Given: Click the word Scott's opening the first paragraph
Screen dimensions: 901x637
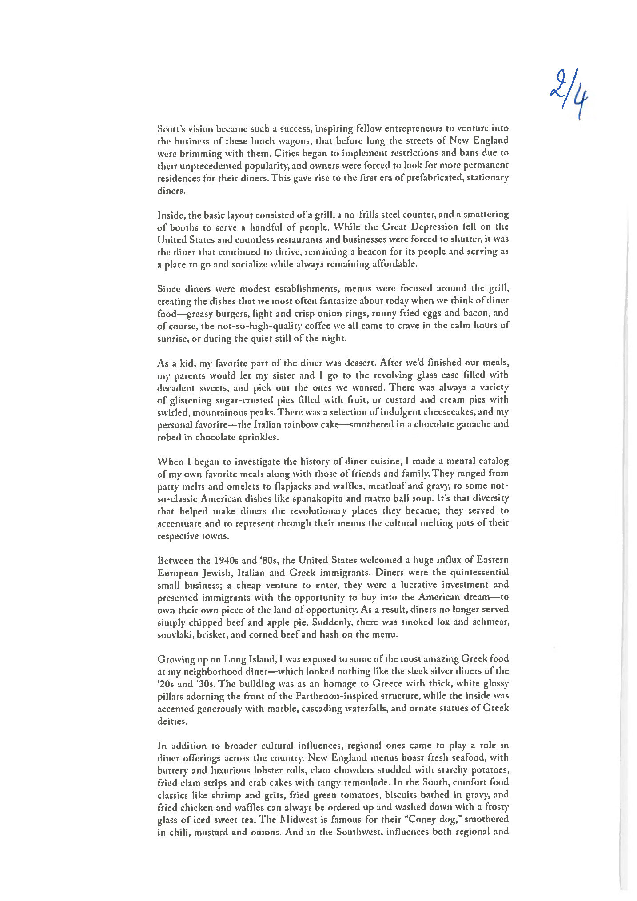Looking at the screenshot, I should (x=171, y=128).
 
